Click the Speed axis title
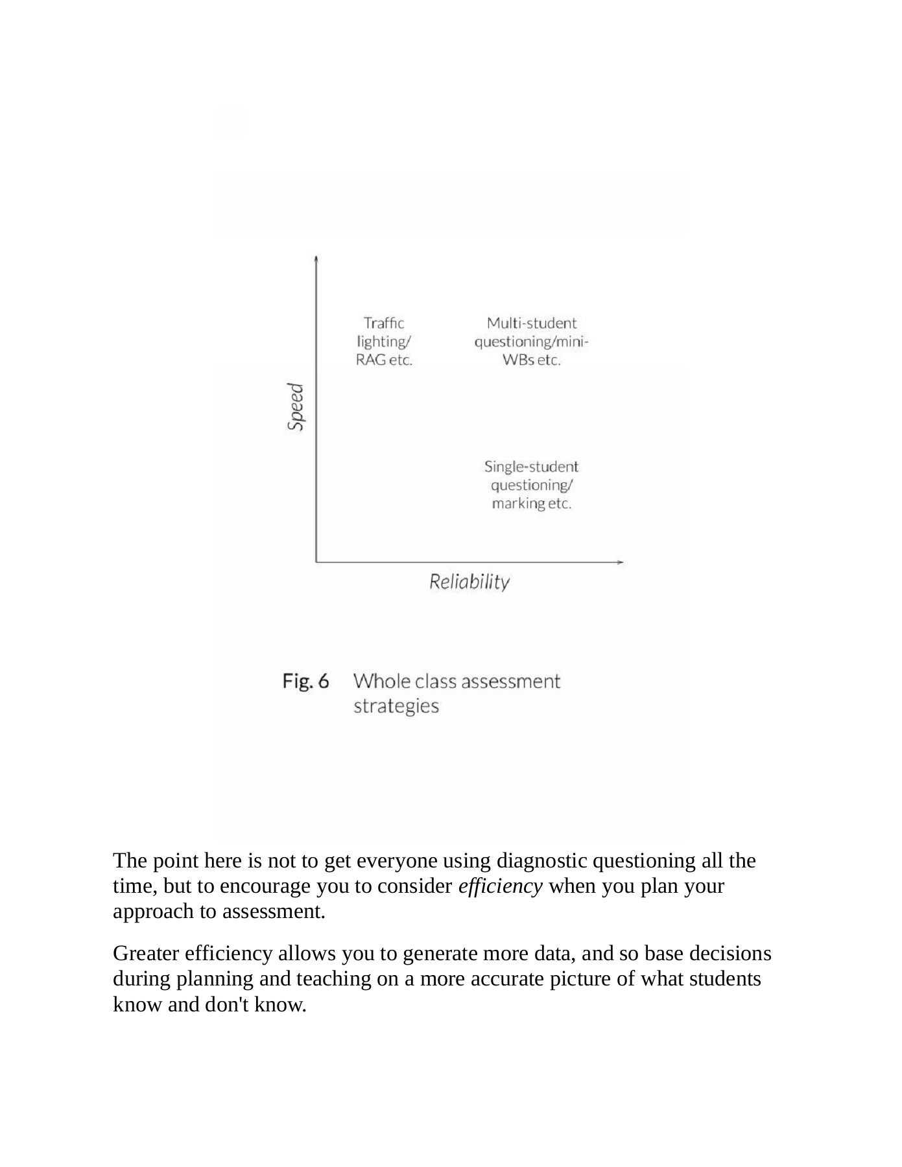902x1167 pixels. pos(296,407)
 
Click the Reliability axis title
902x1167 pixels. pos(469,582)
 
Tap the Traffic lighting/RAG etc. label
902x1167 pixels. pos(384,341)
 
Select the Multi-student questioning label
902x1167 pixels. pos(531,341)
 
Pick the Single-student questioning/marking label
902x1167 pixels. pos(531,485)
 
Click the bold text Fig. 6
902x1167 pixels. pos(305,681)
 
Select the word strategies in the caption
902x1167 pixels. pos(396,706)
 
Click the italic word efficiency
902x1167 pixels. pos(500,886)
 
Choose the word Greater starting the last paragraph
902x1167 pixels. pos(147,954)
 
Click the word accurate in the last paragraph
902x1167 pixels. pos(507,978)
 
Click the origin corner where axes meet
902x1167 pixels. pos(316,561)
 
